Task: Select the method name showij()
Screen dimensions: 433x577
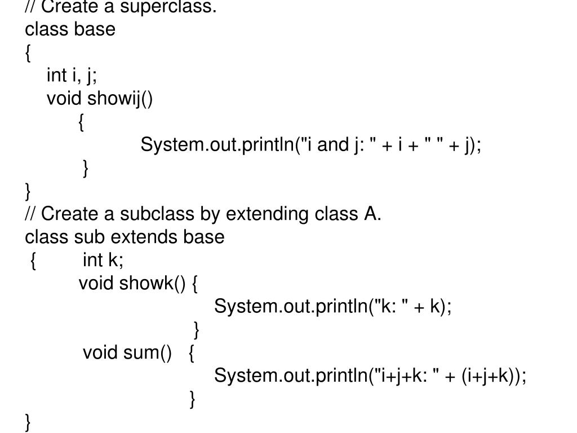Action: click(120, 99)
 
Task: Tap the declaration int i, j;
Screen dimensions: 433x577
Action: click(72, 75)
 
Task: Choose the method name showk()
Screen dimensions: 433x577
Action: click(152, 283)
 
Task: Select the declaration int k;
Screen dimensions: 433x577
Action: click(103, 260)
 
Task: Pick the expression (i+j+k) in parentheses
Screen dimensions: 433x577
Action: click(491, 375)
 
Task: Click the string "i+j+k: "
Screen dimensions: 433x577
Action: click(405, 375)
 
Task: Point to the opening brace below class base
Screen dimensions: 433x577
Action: click(29, 54)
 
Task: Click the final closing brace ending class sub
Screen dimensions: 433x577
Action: click(29, 422)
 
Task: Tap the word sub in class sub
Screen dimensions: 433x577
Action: click(86, 237)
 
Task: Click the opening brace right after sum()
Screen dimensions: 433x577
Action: click(192, 353)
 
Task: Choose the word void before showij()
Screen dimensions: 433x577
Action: click(65, 99)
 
